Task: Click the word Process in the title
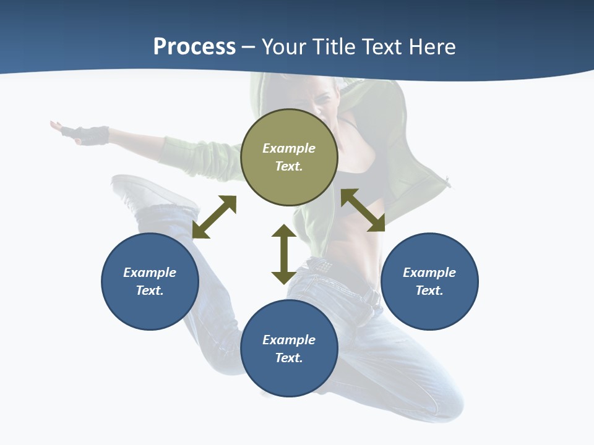point(194,47)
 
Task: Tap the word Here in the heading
point(431,47)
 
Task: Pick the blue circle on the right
point(429,309)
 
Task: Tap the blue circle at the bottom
point(289,377)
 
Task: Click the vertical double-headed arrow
point(284,254)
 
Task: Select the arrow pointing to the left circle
point(214,217)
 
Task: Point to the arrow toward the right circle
point(363,210)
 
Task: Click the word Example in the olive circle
point(289,148)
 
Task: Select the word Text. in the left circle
point(150,290)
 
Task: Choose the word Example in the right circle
point(429,273)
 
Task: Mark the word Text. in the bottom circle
point(289,358)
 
